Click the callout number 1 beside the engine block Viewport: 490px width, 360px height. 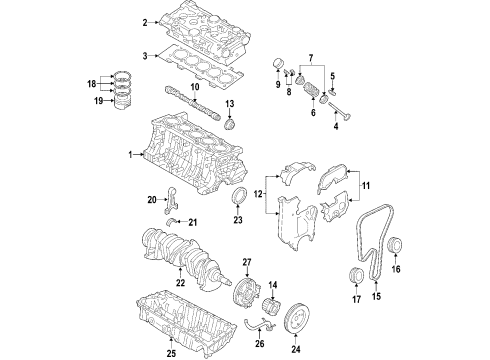(x=130, y=155)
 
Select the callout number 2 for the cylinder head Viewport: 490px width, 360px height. (x=145, y=22)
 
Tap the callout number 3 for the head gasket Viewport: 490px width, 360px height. (x=145, y=57)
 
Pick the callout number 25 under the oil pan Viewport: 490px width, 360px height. (x=171, y=352)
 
